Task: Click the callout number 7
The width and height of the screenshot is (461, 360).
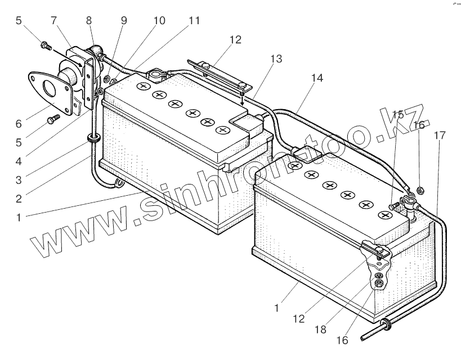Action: (54, 21)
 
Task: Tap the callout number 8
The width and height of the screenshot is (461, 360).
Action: (88, 21)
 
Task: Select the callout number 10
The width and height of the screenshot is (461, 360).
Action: (159, 21)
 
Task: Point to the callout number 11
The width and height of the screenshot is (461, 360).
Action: (194, 21)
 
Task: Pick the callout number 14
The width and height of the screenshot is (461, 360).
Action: (317, 79)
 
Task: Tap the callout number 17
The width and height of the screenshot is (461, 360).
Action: (439, 135)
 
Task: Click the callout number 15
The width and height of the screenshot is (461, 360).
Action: (397, 115)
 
